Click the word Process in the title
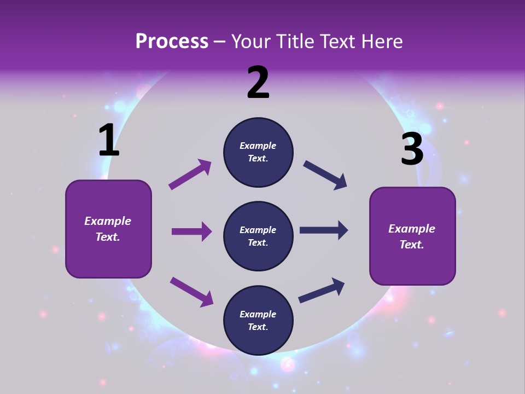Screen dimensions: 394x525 (x=172, y=42)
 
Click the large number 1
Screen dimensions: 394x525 (x=108, y=140)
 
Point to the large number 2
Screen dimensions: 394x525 (x=258, y=83)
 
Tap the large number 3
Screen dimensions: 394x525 (x=412, y=149)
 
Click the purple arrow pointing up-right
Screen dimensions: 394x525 (x=190, y=175)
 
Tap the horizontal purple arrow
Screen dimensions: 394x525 (x=191, y=231)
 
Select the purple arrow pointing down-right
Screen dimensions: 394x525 (x=191, y=292)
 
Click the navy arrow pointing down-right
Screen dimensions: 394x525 (x=325, y=175)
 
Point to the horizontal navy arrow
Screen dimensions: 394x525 (x=323, y=230)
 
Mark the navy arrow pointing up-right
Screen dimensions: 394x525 (x=322, y=290)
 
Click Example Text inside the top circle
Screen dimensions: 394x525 (x=258, y=152)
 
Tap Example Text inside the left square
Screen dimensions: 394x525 (x=108, y=229)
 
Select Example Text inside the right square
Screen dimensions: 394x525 (x=412, y=236)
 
